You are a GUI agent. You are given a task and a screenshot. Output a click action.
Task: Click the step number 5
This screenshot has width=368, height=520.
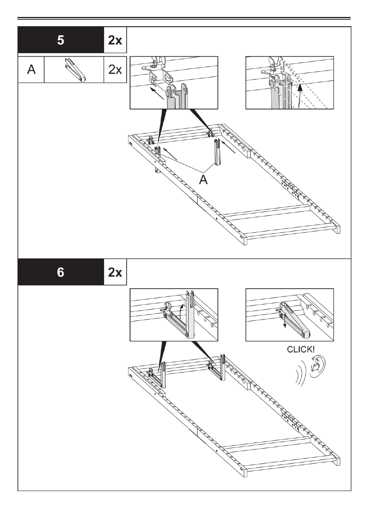point(61,40)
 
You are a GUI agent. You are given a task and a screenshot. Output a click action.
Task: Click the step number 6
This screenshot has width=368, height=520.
point(61,272)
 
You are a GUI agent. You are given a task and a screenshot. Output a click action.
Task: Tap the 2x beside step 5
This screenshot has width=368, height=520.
point(115,40)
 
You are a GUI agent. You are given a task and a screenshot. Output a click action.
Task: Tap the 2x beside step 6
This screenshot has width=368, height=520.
point(115,272)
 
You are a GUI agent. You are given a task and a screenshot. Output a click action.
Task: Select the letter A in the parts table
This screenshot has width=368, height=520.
point(31,70)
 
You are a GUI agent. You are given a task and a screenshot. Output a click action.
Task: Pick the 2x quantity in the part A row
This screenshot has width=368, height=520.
point(115,70)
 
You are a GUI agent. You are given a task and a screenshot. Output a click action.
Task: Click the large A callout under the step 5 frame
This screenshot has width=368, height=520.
point(203,179)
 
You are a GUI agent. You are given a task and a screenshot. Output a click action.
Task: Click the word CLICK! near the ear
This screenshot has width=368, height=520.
point(300,350)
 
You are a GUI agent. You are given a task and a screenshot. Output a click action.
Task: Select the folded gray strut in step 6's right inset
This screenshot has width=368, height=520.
point(295,320)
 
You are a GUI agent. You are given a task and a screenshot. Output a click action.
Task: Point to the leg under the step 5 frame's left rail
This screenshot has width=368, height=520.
point(157,170)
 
